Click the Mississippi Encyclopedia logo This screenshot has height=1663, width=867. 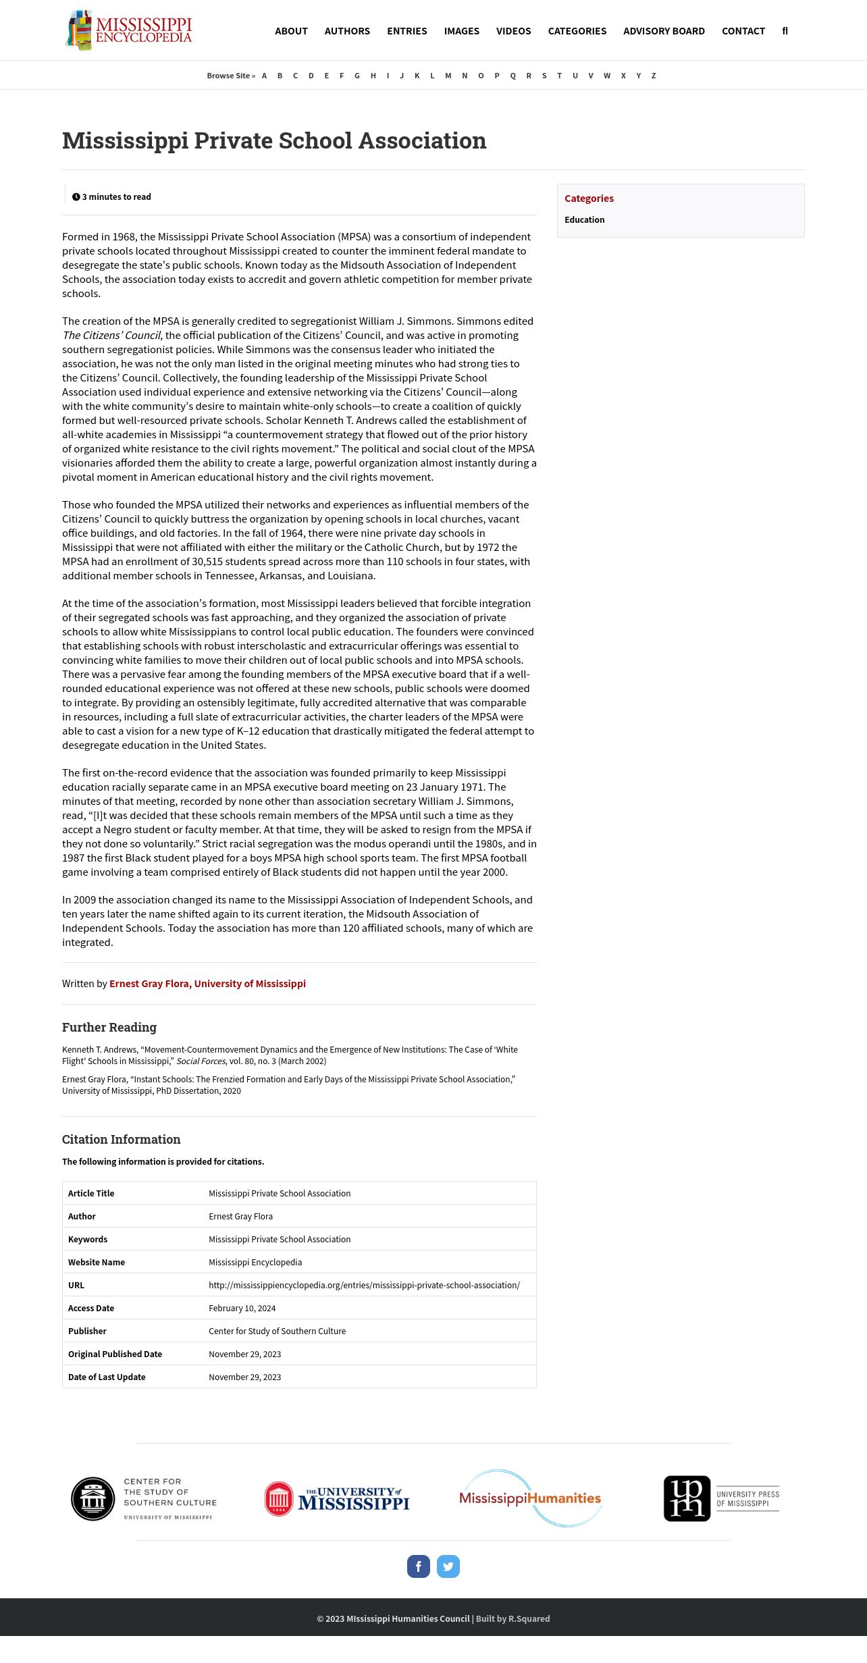[129, 30]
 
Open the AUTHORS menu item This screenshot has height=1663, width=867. [347, 31]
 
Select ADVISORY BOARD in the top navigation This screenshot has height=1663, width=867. [664, 31]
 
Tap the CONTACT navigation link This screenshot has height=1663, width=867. [743, 31]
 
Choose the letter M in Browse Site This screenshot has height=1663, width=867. [448, 76]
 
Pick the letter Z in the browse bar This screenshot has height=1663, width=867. [654, 76]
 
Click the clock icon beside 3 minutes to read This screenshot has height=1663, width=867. [76, 197]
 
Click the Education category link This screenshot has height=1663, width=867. [584, 220]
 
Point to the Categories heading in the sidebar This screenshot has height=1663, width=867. [589, 199]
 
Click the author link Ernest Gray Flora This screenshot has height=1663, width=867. [207, 984]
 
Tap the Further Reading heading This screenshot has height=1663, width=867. [109, 1028]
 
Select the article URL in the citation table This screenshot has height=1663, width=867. [364, 1285]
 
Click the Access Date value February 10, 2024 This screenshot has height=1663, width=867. [242, 1308]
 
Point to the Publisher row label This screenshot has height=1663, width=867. [87, 1331]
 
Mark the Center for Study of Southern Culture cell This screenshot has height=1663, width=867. [277, 1331]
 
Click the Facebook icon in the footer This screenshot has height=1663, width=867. [419, 1566]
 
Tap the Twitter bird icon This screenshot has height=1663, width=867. [448, 1566]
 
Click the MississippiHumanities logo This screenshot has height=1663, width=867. [530, 1498]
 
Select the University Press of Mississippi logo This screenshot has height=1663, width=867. [721, 1498]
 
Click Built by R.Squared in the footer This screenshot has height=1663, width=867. [513, 1618]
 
